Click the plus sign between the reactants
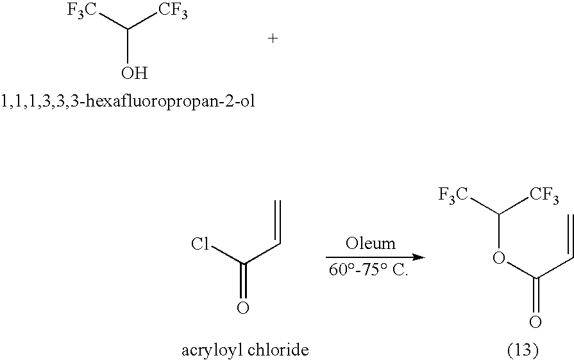tap(273, 38)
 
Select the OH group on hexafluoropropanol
tap(134, 73)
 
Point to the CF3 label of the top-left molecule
tap(173, 11)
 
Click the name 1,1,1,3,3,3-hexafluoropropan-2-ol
tap(128, 100)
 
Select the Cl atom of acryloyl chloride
tap(200, 244)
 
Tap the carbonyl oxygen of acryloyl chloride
tap(242, 307)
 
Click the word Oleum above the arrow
tap(371, 244)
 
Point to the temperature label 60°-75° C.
tap(368, 270)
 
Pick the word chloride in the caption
tap(278, 350)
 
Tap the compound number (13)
tap(523, 350)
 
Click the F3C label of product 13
tap(453, 195)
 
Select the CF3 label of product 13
tap(544, 195)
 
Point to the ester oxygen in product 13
tap(498, 258)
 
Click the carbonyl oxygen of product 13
tap(535, 322)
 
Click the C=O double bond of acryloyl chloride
tap(242, 281)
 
